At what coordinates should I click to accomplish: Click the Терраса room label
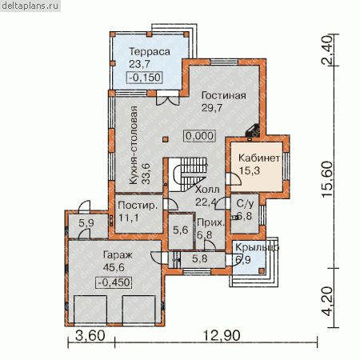pos(150,52)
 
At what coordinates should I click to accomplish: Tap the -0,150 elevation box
pos(144,78)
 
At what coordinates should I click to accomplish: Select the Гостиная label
pos(224,95)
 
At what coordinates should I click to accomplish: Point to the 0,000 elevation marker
pos(199,136)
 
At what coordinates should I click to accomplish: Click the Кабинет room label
pos(259,158)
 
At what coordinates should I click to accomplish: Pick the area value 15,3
pos(250,170)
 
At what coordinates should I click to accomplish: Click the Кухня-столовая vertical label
pos(134,146)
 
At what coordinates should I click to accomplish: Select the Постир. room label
pos(138,206)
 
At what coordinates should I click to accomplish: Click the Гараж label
pos(118,255)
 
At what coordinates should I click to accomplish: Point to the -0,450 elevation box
pos(114,282)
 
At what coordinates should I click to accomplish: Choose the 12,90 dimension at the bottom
pos(222,336)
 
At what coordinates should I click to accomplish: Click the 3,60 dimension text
pos(90,336)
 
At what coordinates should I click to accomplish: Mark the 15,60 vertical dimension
pos(328,179)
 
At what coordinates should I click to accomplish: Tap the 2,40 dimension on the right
pos(328,50)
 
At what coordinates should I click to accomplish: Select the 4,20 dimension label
pos(328,302)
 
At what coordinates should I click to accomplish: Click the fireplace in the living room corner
pos(253,130)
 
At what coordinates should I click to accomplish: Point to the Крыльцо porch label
pos(257,247)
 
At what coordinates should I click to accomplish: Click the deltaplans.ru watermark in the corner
pos(30,6)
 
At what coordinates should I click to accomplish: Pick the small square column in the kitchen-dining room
pos(166,139)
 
